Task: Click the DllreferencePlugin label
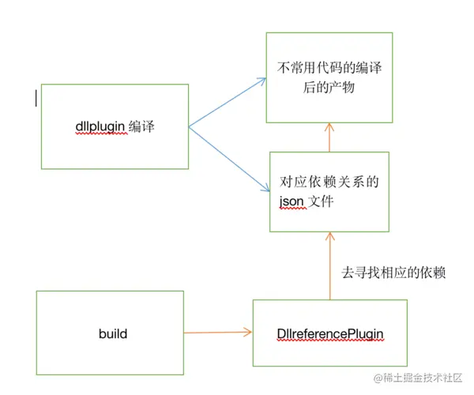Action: [330, 333]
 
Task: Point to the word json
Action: [293, 202]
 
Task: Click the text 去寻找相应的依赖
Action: [393, 273]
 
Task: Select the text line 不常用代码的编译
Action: [329, 70]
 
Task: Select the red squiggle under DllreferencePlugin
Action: [330, 342]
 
